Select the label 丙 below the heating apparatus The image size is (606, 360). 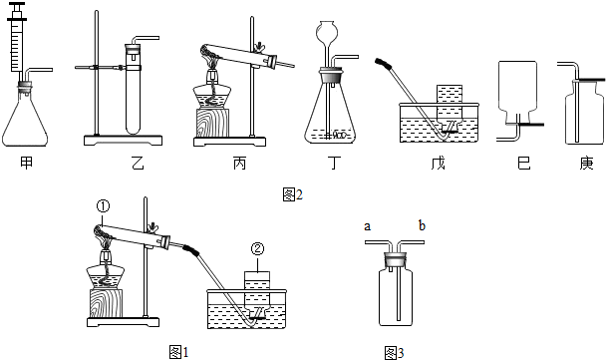pos(236,163)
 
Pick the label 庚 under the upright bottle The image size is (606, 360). pos(583,163)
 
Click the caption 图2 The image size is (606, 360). pos(289,194)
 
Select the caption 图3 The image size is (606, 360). pos(393,351)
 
